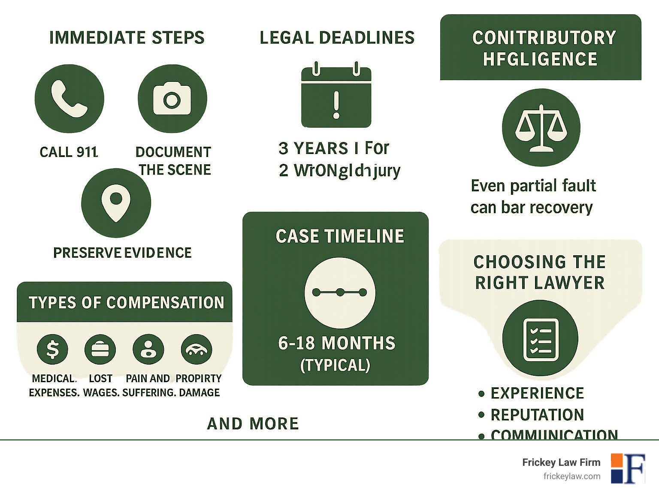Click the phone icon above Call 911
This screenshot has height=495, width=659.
click(x=69, y=99)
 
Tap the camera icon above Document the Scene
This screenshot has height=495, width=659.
click(x=172, y=99)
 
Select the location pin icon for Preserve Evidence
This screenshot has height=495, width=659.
click(x=116, y=203)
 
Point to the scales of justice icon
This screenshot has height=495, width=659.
click(x=541, y=127)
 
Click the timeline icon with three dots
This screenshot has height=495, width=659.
click(x=340, y=293)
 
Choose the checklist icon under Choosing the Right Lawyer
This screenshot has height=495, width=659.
click(x=540, y=338)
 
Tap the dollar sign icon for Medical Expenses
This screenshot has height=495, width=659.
click(x=52, y=349)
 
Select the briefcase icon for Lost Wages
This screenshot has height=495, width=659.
click(x=100, y=349)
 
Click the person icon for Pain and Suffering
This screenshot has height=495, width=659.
click(x=148, y=349)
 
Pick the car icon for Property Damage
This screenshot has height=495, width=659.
click(x=196, y=349)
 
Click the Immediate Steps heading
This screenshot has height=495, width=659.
click(x=127, y=38)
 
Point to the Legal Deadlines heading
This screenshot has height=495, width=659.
click(x=337, y=38)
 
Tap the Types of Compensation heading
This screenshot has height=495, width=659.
click(x=126, y=302)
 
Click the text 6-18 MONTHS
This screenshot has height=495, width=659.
click(x=336, y=343)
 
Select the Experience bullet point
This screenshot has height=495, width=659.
click(x=537, y=393)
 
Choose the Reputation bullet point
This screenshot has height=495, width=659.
click(x=537, y=415)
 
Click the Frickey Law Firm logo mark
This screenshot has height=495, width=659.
click(x=628, y=468)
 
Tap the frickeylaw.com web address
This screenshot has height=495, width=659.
click(x=571, y=476)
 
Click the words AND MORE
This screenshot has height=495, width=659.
click(x=253, y=423)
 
